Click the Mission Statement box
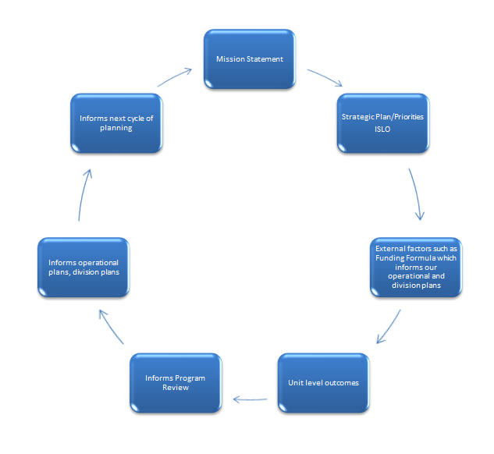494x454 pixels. coord(250,59)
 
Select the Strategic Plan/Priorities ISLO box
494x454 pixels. coord(382,123)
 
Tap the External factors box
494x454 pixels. coord(416,268)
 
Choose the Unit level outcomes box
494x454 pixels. coord(324,383)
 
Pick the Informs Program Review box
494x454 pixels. coord(176,383)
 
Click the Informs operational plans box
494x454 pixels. coord(84,268)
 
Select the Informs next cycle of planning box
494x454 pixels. coord(116,123)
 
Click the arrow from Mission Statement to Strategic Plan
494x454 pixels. coord(325,76)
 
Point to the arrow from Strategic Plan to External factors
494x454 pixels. coord(417,193)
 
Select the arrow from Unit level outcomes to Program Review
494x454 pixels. coord(250,400)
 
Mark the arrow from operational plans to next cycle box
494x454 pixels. coord(84,194)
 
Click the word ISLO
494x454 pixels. coord(382,129)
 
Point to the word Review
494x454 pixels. coord(176,388)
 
